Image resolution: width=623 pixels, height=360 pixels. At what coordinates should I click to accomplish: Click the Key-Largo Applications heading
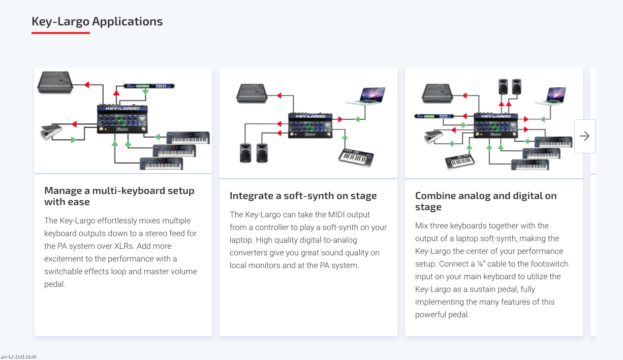click(97, 21)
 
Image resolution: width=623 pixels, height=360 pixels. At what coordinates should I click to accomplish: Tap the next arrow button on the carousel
click(584, 136)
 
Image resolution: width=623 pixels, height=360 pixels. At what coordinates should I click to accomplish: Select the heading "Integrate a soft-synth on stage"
click(303, 196)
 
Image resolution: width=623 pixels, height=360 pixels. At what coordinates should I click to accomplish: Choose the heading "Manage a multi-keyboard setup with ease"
click(119, 196)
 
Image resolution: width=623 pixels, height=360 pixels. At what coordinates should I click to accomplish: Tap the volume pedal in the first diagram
click(51, 132)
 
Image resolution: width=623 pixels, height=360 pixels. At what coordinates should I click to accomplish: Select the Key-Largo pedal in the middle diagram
click(310, 125)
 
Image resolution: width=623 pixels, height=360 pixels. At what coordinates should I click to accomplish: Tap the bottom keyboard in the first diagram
click(161, 163)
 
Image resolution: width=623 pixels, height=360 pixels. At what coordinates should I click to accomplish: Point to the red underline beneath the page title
click(60, 33)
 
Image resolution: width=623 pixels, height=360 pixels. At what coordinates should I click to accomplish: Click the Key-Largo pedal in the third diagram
click(495, 124)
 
